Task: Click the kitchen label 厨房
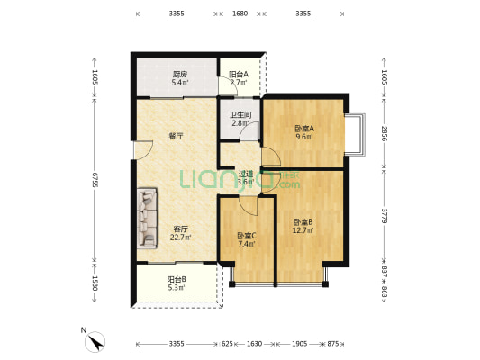[x=180, y=75]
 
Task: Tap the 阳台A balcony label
[x=239, y=75]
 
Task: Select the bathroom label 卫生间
[x=239, y=114]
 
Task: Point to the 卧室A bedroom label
[x=304, y=129]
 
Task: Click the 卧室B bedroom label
[x=303, y=222]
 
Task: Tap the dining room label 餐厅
[x=177, y=137]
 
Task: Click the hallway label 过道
[x=244, y=174]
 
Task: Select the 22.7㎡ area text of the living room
[x=180, y=238]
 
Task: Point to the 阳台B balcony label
[x=177, y=280]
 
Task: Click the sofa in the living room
[x=147, y=218]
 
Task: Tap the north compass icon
[x=95, y=341]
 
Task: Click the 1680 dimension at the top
[x=240, y=14]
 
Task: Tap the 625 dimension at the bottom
[x=227, y=344]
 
